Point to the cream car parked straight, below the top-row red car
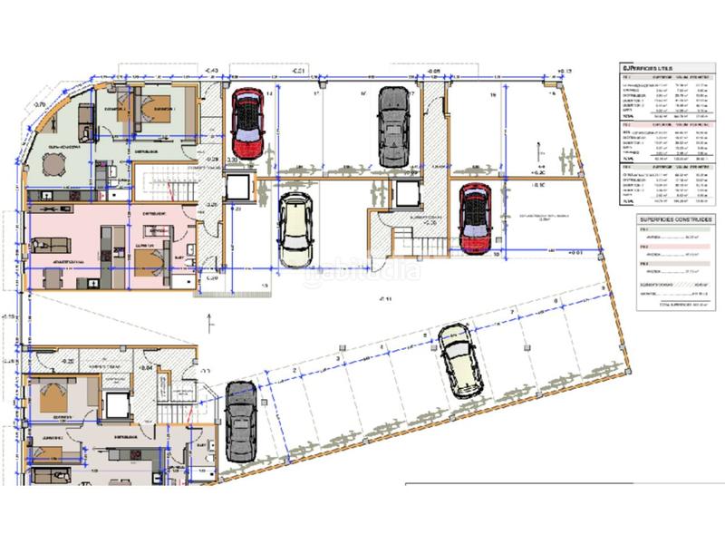295,230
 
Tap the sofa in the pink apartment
45,245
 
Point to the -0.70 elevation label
40,105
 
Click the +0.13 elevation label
567,70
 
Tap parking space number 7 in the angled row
513,313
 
